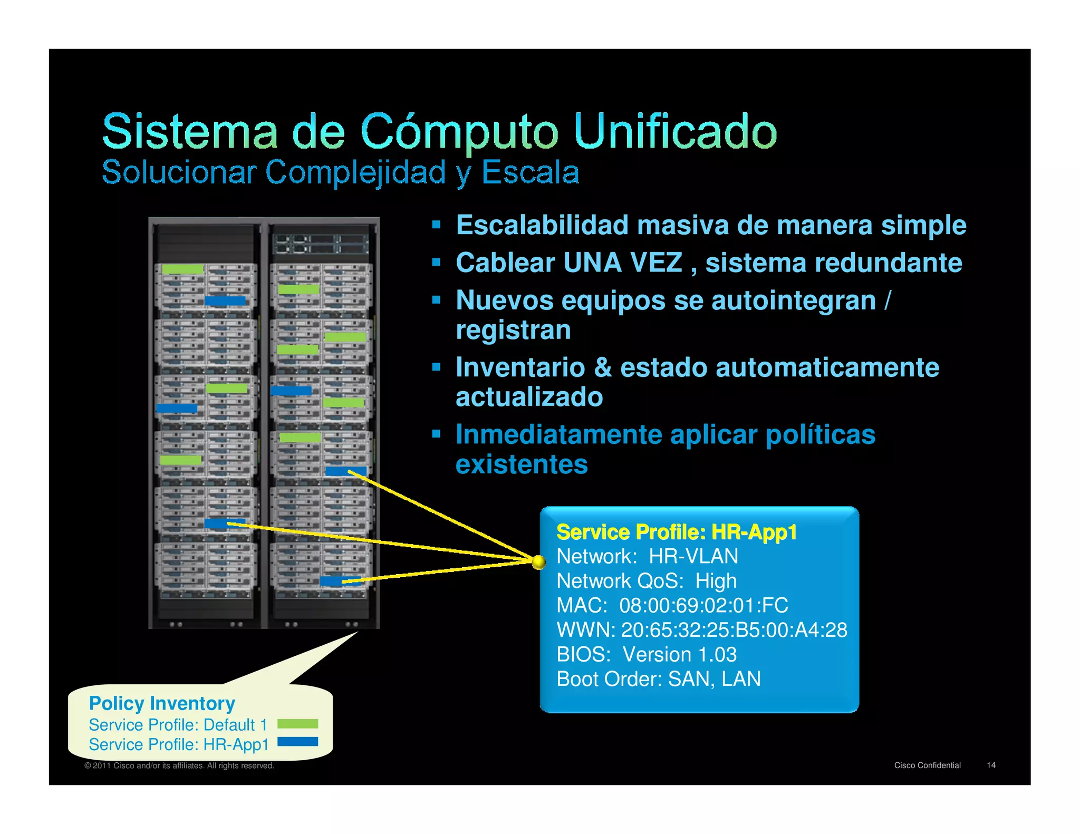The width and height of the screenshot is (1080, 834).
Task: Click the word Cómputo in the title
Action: coord(459,131)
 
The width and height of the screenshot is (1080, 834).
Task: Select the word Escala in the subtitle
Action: coord(530,172)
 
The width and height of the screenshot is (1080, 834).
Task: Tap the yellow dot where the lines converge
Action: coord(538,563)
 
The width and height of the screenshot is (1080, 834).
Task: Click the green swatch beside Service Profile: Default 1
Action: coord(297,724)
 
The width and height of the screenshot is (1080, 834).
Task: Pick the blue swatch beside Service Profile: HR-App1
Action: coord(297,742)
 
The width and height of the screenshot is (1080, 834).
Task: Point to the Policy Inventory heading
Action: coord(162,703)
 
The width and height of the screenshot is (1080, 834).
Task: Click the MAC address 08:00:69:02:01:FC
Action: coord(703,605)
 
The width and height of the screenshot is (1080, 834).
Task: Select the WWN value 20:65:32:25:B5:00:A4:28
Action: coord(734,630)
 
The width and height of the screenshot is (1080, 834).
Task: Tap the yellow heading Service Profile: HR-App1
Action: coord(677,532)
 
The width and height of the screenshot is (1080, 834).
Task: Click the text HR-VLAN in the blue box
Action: coord(693,556)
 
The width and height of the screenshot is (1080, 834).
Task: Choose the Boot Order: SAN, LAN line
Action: coord(659,679)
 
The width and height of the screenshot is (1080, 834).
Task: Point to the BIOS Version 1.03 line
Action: coord(647,654)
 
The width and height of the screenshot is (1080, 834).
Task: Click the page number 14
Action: coord(991,765)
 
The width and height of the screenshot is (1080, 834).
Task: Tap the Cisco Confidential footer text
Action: coord(927,765)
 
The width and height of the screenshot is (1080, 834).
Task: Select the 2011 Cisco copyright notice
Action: coord(179,765)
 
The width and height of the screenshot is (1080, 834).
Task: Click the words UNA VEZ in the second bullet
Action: coord(622,263)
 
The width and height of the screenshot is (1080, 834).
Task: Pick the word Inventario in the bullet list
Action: coord(520,367)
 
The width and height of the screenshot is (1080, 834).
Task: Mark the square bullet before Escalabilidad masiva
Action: coord(436,225)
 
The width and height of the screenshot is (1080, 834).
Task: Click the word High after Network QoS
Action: coord(716,581)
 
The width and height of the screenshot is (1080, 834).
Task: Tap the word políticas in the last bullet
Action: coord(820,434)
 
